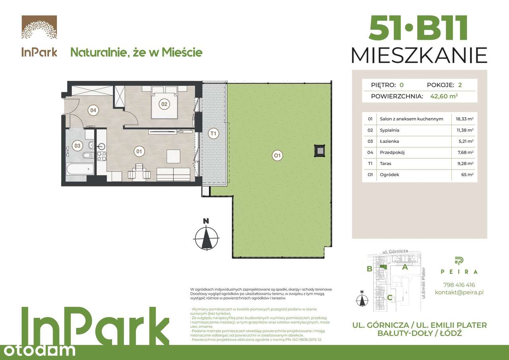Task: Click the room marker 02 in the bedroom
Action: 163,105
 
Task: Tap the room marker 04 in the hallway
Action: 93,110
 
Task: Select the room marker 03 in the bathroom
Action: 77,146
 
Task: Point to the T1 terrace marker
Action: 214,134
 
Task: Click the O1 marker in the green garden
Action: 278,156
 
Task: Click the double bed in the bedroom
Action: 164,103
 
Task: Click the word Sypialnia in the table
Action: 389,130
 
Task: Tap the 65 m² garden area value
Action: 468,174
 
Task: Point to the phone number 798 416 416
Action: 459,285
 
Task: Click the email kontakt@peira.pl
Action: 459,292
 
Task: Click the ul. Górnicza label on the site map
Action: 395,252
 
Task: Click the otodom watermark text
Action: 38,350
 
